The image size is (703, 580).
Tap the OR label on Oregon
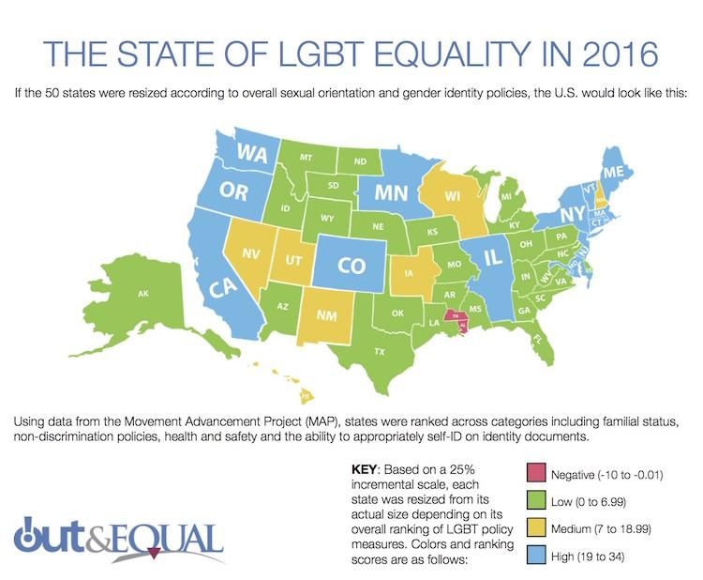234,191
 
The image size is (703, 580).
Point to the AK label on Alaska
143,295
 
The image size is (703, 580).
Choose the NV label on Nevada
251,253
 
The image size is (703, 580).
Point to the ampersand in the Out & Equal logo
124,539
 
